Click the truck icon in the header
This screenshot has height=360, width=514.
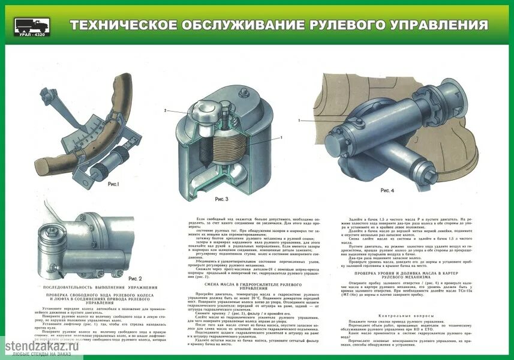point(30,25)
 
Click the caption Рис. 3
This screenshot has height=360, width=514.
point(221,199)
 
